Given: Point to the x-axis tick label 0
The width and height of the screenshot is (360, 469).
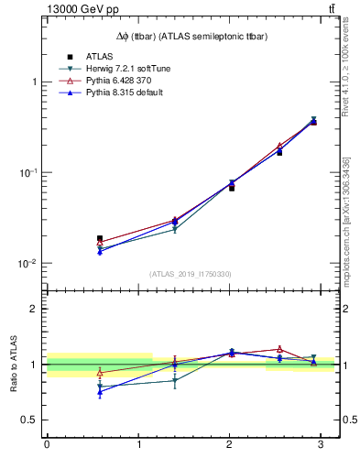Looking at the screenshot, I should [x=47, y=445].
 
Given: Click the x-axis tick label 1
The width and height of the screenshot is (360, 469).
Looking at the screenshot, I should [x=138, y=445].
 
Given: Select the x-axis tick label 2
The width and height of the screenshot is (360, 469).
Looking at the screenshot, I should [x=230, y=445].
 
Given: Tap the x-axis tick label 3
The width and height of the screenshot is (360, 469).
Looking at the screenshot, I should [x=321, y=445].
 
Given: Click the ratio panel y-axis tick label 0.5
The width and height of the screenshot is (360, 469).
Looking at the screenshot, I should [x=30, y=420].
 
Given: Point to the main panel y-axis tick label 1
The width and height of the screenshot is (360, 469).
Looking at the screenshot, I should [x=35, y=82].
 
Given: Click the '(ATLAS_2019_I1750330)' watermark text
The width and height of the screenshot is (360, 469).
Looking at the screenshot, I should [x=191, y=274].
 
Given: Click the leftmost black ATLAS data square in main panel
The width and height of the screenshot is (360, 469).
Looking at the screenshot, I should [x=100, y=238].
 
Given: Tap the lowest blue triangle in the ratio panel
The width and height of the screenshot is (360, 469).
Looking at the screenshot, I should [x=100, y=391].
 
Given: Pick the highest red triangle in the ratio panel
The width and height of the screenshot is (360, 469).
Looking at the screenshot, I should [x=279, y=349].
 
